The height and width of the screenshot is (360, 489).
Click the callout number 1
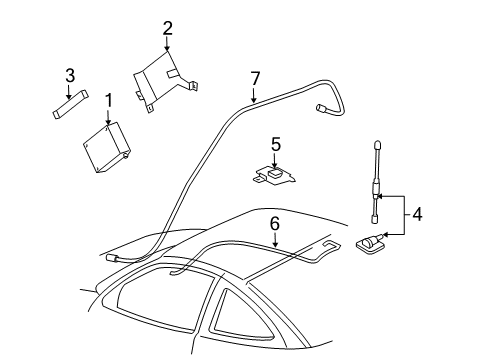pyautogui.click(x=108, y=100)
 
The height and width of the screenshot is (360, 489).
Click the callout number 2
pyautogui.click(x=168, y=28)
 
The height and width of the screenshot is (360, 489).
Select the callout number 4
pyautogui.click(x=417, y=213)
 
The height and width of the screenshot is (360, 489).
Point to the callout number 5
pyautogui.click(x=276, y=144)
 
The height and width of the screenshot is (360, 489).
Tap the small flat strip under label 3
pyautogui.click(x=69, y=103)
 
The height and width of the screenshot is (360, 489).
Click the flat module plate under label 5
pyautogui.click(x=275, y=175)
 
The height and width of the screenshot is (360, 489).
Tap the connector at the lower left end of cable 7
pyautogui.click(x=118, y=257)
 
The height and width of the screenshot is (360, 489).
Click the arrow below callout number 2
pyautogui.click(x=168, y=43)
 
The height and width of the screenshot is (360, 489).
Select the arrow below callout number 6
pyautogui.click(x=274, y=239)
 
